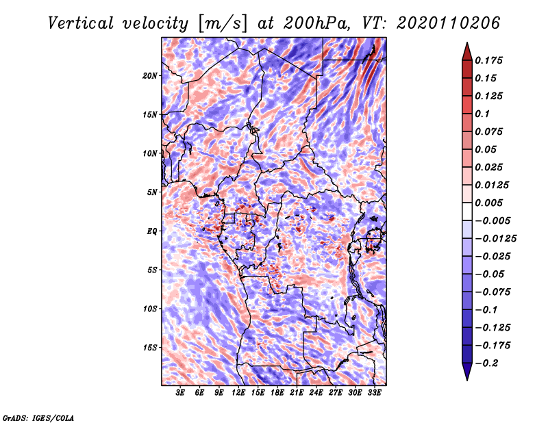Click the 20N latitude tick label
(150, 75)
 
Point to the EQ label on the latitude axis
(152, 231)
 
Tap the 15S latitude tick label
(150, 348)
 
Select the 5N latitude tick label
(152, 192)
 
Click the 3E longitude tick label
(180, 393)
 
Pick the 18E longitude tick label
(277, 393)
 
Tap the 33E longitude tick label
(374, 393)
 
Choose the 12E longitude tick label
(238, 393)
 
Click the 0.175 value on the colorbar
(488, 60)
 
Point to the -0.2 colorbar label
(486, 363)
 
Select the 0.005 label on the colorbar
(488, 203)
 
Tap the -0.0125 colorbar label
(495, 239)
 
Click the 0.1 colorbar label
(482, 114)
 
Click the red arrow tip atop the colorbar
(467, 42)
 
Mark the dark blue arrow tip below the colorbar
(467, 380)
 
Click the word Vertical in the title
(81, 23)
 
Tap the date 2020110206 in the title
(449, 23)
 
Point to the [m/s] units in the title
(223, 24)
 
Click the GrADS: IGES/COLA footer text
(38, 418)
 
